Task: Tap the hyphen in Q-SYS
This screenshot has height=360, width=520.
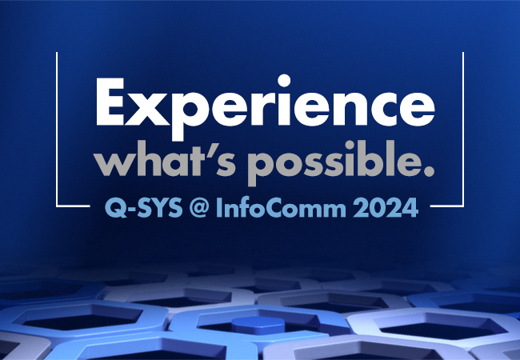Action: (126, 210)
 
